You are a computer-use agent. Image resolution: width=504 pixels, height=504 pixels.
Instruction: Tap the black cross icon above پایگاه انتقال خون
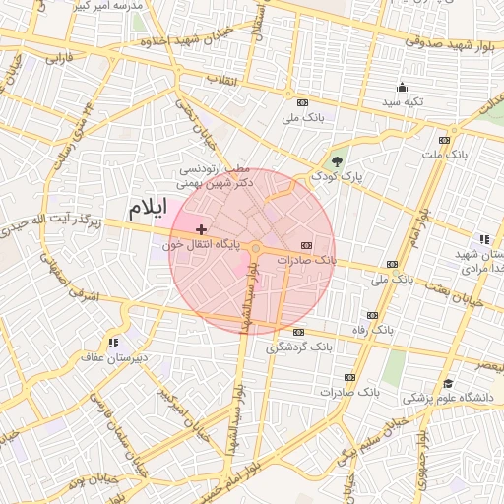point(202,229)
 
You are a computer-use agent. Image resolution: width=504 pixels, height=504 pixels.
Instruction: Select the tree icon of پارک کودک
point(339,161)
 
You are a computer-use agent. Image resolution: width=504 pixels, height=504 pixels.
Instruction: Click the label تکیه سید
point(403,102)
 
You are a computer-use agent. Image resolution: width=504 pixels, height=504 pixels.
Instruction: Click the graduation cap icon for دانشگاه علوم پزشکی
point(448,384)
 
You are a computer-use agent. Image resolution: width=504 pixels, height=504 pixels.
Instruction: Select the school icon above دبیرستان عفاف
point(114,343)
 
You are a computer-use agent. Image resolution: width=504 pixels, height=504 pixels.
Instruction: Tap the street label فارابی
point(59,60)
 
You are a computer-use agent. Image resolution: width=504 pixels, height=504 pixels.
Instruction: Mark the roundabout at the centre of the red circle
point(255,249)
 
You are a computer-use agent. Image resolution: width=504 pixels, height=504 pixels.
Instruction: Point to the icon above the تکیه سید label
point(403,88)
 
